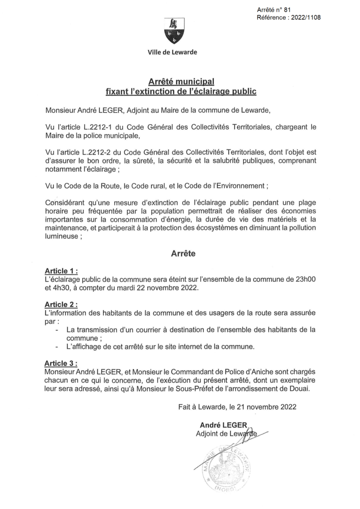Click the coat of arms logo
[x=174, y=30]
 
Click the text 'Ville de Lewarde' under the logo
[x=172, y=53]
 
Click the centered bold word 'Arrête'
[x=183, y=254]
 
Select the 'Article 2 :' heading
[x=61, y=304]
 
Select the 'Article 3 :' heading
[x=61, y=363]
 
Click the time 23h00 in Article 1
[x=303, y=279]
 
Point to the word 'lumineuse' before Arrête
[x=62, y=237]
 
